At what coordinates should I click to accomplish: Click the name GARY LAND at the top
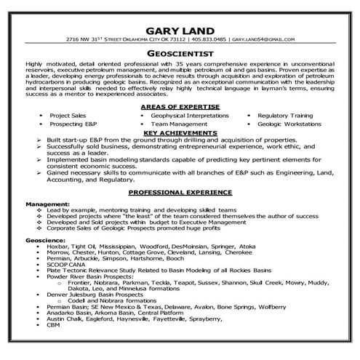click(180, 29)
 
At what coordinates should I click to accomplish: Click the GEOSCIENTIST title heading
click(180, 53)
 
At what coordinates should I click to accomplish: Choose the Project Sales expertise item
click(67, 115)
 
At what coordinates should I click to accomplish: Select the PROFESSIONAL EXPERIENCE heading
click(180, 192)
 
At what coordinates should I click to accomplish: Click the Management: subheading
click(47, 204)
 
